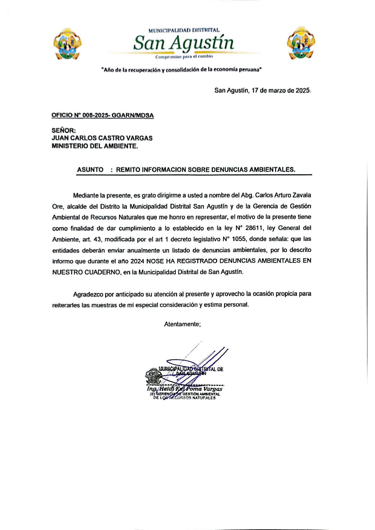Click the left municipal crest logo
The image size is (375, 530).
[x=67, y=43]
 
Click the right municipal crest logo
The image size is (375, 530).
[x=301, y=43]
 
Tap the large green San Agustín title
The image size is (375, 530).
[x=184, y=43]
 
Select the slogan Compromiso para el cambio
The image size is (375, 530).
[x=184, y=57]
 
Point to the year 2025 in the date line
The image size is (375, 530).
[x=303, y=91]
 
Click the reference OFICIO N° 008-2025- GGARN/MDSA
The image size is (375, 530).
[x=103, y=116]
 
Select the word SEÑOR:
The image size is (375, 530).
[x=64, y=130]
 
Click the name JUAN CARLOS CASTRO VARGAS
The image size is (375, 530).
[x=102, y=138]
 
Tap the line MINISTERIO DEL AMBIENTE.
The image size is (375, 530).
[x=95, y=146]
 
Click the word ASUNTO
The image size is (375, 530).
[x=90, y=170]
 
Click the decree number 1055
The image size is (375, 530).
[x=239, y=239]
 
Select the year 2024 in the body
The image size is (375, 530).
[x=137, y=261]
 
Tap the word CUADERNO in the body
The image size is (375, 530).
[x=102, y=272]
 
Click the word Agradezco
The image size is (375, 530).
[x=88, y=295]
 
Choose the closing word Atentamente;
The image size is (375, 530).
[x=182, y=324]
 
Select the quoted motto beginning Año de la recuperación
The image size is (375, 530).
[x=182, y=70]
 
